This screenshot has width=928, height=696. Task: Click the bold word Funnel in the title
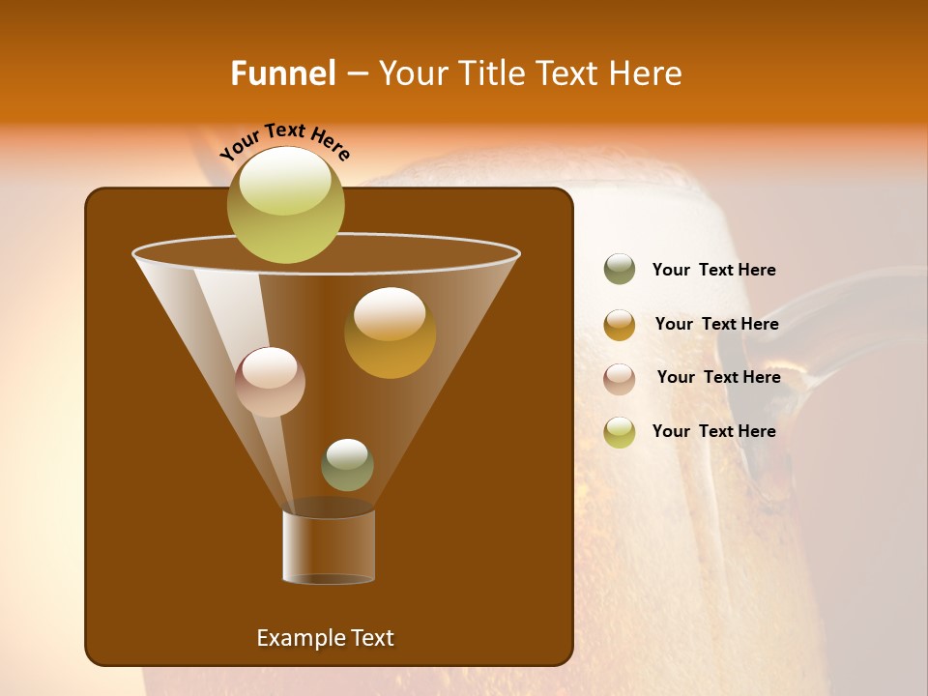[283, 73]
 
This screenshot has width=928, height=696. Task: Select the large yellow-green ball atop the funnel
[285, 204]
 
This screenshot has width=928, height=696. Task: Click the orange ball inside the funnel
[390, 333]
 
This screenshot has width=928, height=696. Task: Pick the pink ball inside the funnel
[270, 382]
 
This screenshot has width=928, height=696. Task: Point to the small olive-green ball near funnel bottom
[347, 465]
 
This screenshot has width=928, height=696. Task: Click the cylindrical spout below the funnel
[329, 546]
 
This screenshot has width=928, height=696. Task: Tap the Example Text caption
[325, 638]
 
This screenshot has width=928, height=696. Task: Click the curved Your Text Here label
[284, 140]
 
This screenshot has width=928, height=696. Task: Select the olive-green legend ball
[620, 270]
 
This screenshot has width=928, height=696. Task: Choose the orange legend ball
[620, 325]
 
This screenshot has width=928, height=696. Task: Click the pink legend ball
[620, 378]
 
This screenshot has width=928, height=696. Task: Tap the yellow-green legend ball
[620, 432]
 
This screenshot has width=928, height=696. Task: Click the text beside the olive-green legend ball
[713, 270]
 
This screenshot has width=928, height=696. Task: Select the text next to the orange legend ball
[716, 324]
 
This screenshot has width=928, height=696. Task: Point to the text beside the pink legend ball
[718, 377]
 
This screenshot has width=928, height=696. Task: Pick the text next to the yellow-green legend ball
[713, 431]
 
